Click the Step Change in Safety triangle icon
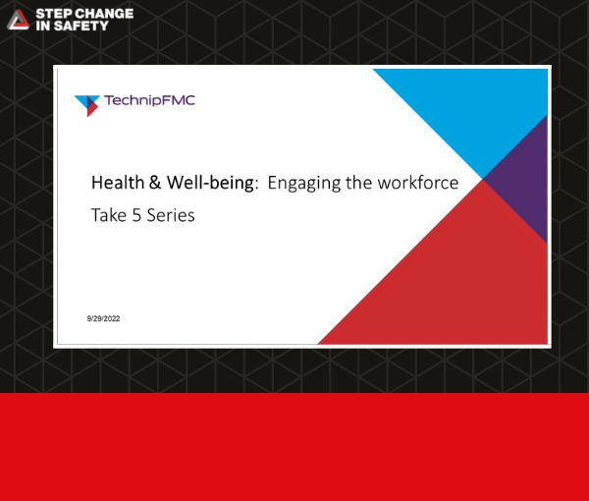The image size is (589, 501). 18,20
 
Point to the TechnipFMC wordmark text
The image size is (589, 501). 150,100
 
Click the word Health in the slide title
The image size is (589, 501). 118,183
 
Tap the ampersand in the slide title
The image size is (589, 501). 155,183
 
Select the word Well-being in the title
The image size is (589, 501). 210,184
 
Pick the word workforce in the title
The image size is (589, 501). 418,183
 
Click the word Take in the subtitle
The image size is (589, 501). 109,215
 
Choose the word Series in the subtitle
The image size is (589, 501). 171,216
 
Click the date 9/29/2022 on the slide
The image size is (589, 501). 103,318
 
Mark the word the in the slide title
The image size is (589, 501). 358,183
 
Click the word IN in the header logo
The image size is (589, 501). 43,26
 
